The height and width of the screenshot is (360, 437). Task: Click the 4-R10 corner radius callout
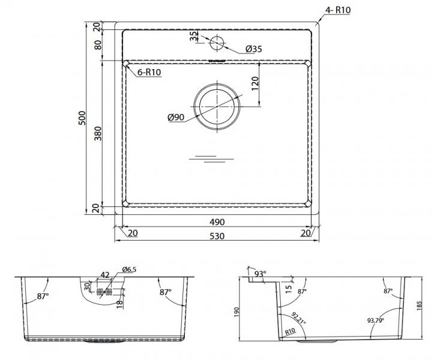pyautogui.click(x=338, y=10)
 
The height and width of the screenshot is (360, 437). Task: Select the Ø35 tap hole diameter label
pyautogui.click(x=253, y=49)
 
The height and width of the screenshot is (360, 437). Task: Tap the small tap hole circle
pyautogui.click(x=217, y=43)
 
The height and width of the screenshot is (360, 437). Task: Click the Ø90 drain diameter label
pyautogui.click(x=176, y=118)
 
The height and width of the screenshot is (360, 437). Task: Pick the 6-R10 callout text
pyautogui.click(x=149, y=72)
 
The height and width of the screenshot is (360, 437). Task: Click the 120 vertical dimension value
pyautogui.click(x=255, y=83)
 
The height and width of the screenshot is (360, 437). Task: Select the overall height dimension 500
pyautogui.click(x=82, y=118)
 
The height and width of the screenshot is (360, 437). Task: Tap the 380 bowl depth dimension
pyautogui.click(x=98, y=133)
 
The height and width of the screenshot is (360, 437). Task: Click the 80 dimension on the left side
pyautogui.click(x=98, y=45)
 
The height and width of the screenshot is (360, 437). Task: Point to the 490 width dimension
pyautogui.click(x=217, y=222)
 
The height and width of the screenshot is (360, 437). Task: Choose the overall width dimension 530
pyautogui.click(x=217, y=236)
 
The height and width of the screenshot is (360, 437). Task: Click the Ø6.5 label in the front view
pyautogui.click(x=129, y=269)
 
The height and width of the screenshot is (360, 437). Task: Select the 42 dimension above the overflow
pyautogui.click(x=105, y=275)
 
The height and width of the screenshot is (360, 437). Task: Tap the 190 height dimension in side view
pyautogui.click(x=237, y=312)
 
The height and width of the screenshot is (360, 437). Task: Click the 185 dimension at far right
pyautogui.click(x=420, y=305)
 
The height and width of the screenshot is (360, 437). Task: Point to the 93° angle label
pyautogui.click(x=261, y=274)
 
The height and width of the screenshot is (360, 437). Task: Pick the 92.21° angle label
pyautogui.click(x=299, y=318)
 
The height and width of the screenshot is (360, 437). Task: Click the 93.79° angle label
pyautogui.click(x=375, y=321)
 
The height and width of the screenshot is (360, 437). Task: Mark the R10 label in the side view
pyautogui.click(x=290, y=332)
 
